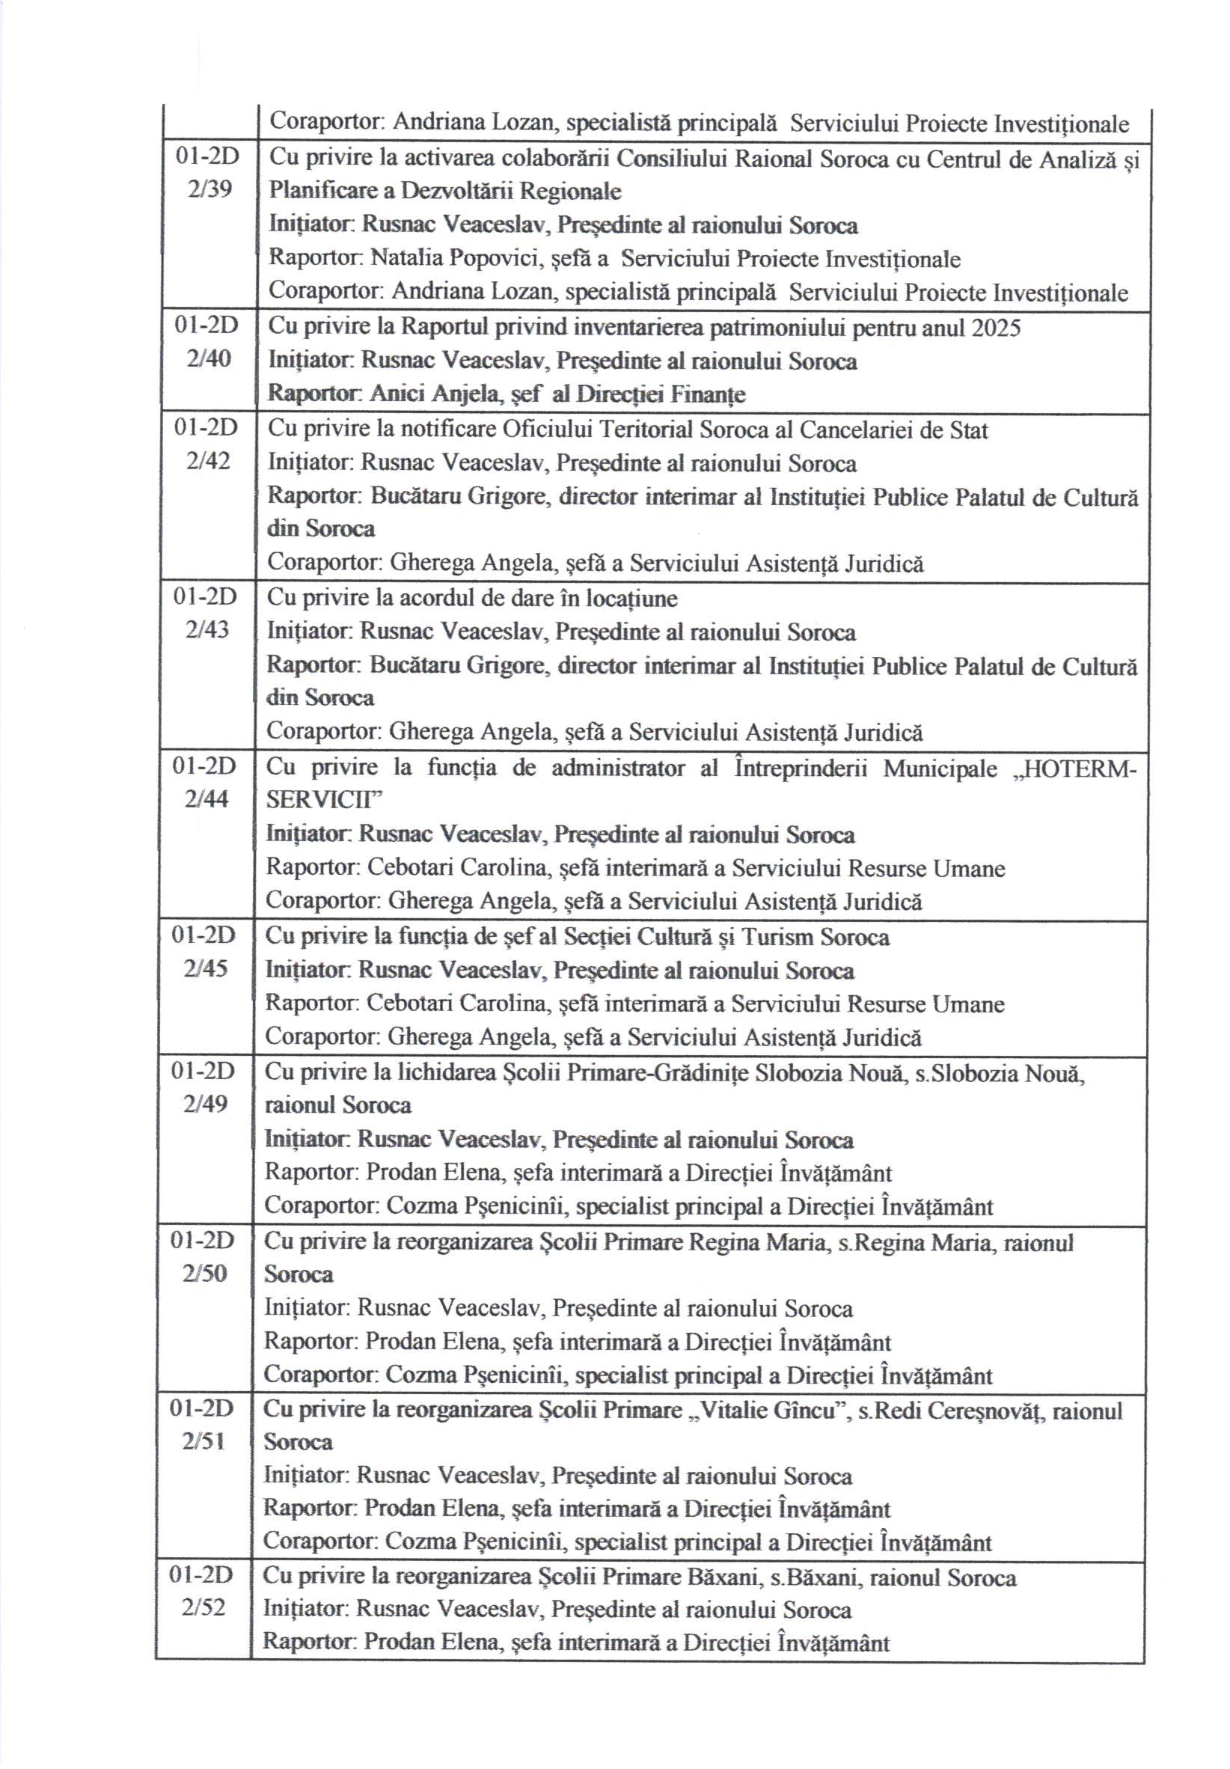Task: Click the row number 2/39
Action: point(209,189)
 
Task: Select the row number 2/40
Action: point(208,358)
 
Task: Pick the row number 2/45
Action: point(206,968)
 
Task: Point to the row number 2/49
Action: point(206,1103)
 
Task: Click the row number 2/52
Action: point(204,1608)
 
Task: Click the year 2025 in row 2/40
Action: point(996,328)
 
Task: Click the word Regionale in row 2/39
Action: point(571,190)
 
